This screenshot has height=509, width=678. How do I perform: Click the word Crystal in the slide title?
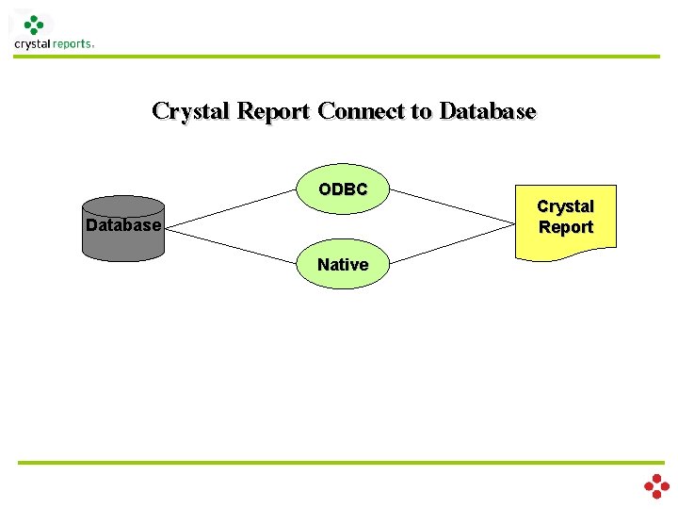tap(192, 111)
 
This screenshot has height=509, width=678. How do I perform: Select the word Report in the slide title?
tap(273, 111)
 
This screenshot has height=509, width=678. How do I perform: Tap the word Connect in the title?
tap(361, 111)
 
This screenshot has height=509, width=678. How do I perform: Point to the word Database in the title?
tap(487, 111)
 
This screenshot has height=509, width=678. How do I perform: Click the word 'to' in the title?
tap(421, 111)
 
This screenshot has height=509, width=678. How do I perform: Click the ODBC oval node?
tap(343, 190)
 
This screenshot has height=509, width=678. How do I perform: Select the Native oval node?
tap(343, 265)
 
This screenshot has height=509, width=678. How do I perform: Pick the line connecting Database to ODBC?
tap(231, 208)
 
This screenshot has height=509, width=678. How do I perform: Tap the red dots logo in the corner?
tap(656, 486)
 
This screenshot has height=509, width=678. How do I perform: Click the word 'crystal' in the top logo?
tap(32, 44)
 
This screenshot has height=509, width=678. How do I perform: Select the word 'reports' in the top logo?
tap(73, 44)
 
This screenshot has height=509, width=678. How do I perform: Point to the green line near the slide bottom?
tap(339, 463)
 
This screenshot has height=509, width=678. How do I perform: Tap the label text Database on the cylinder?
tap(123, 226)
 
